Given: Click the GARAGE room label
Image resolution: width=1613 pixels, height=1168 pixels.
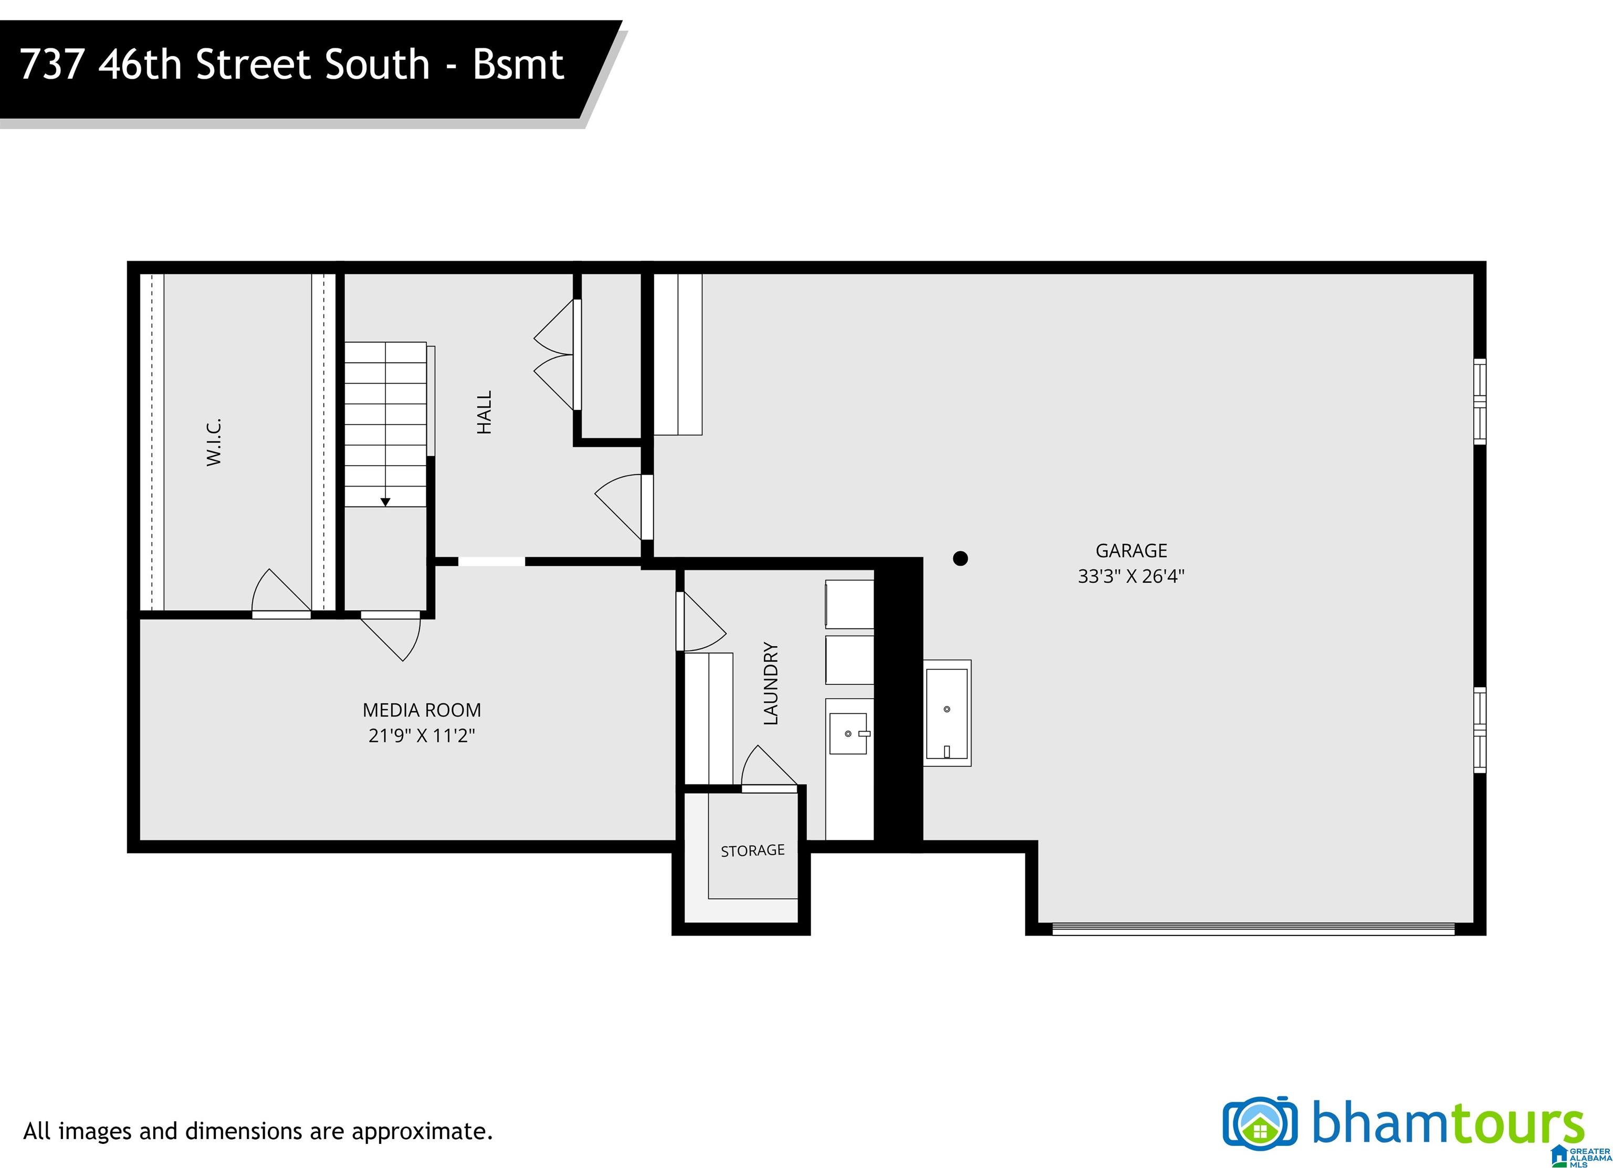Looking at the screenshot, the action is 1131,550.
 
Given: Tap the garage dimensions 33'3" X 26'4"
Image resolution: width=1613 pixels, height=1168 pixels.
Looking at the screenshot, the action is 1131,576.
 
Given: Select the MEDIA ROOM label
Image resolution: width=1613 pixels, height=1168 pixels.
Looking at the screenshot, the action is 422,710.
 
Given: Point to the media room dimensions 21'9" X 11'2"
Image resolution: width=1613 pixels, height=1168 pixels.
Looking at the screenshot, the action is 422,735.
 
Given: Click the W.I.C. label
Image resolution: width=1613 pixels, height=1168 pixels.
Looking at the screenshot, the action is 214,442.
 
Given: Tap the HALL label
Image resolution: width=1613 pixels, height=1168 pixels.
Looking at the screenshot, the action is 484,412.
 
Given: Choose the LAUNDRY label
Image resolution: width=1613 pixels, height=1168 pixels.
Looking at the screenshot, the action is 771,683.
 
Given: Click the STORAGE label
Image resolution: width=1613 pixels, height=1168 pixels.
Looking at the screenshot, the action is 752,850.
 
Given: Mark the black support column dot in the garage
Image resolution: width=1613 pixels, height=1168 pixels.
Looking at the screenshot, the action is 960,558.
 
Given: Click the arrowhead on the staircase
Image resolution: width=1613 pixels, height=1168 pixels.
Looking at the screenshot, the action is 385,502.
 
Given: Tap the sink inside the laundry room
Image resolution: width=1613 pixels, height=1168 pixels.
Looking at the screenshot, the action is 849,733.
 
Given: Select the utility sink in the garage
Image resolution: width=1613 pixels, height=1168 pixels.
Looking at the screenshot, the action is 947,713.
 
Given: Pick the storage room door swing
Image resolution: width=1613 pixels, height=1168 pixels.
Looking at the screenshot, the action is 769,769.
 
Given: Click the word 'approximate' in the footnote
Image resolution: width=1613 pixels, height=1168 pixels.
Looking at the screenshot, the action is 420,1131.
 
